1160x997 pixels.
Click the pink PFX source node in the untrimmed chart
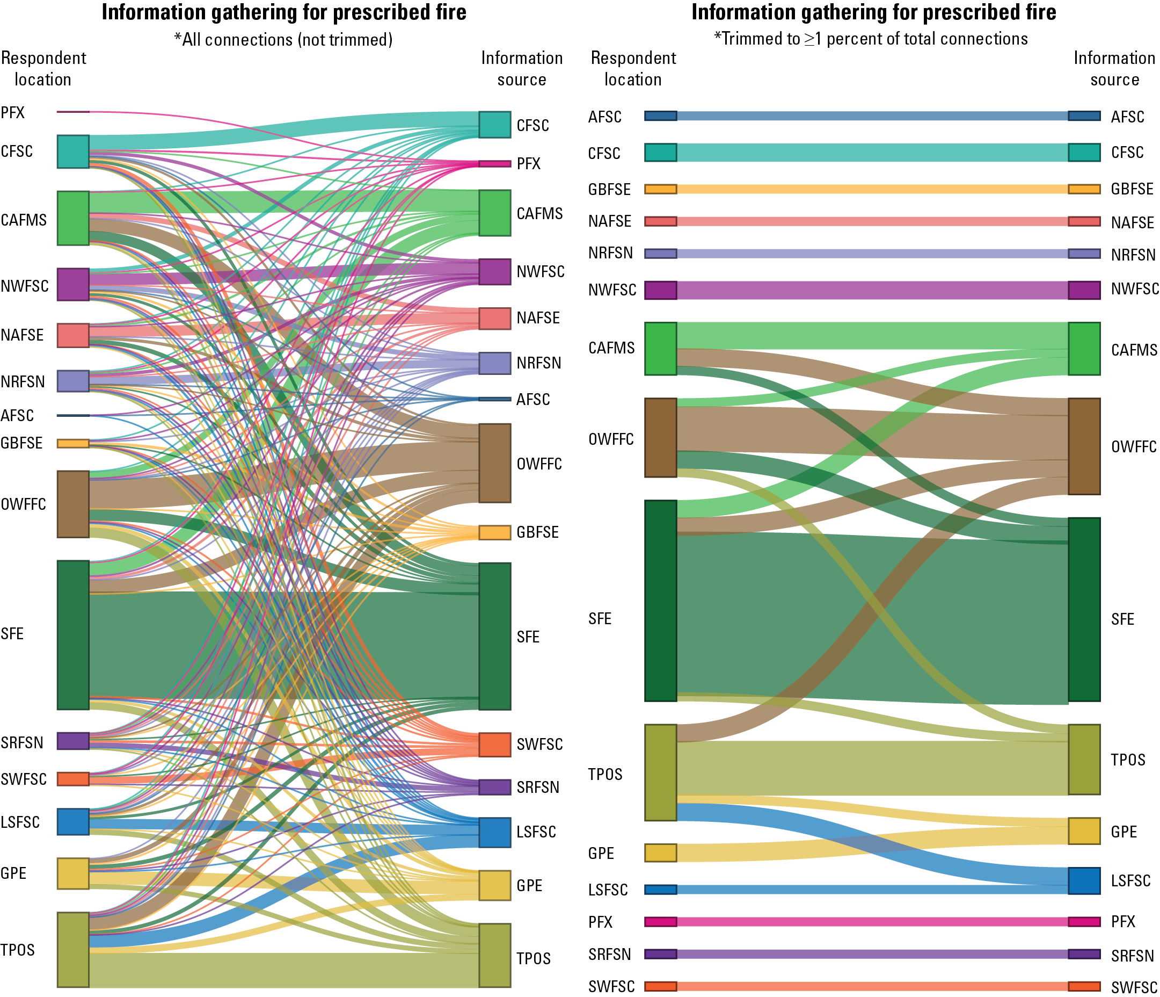click(x=494, y=163)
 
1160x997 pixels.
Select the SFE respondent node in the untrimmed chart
click(x=73, y=634)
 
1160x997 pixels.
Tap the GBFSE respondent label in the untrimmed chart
click(x=21, y=443)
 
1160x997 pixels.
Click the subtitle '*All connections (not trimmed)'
click(x=283, y=40)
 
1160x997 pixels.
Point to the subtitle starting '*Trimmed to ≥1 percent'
click(x=871, y=39)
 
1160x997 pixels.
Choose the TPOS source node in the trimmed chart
click(x=1084, y=759)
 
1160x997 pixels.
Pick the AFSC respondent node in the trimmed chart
click(x=660, y=116)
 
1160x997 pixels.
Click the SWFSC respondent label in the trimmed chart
click(x=611, y=986)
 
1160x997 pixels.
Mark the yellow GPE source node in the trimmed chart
click(x=1084, y=830)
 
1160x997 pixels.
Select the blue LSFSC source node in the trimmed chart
click(x=1084, y=880)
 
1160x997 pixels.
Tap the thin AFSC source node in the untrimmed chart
click(x=494, y=399)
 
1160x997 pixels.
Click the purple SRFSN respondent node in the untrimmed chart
click(x=73, y=740)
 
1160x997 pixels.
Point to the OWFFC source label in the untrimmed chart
click(x=538, y=464)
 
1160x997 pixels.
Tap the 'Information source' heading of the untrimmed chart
click(x=521, y=68)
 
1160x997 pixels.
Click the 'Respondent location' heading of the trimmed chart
click(x=633, y=68)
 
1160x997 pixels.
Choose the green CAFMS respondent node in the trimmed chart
click(x=660, y=349)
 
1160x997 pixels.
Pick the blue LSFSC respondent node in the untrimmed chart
click(x=73, y=821)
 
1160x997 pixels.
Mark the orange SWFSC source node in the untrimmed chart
click(x=494, y=745)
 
